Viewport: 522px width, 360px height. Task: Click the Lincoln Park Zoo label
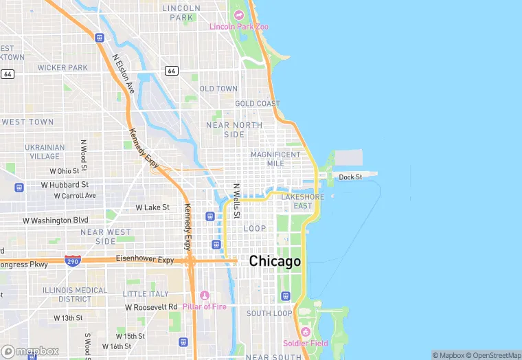click(x=238, y=27)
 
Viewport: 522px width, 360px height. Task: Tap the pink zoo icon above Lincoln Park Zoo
click(x=239, y=15)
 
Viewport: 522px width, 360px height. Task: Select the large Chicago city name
click(x=275, y=262)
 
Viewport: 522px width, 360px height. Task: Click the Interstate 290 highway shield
click(x=72, y=260)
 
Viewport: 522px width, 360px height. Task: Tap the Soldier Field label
click(x=305, y=344)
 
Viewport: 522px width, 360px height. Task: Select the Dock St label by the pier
click(x=350, y=177)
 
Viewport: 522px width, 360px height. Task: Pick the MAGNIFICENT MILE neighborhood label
click(x=275, y=159)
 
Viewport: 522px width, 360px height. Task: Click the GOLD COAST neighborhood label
click(x=258, y=104)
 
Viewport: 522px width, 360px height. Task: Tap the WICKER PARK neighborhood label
click(x=63, y=68)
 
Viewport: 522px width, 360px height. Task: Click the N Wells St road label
click(x=236, y=201)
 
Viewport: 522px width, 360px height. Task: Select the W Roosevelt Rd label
click(x=151, y=307)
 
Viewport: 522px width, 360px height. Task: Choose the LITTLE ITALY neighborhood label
click(x=145, y=294)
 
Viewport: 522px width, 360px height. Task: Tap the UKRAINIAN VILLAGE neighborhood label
click(x=45, y=152)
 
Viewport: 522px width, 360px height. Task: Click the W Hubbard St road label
click(x=65, y=185)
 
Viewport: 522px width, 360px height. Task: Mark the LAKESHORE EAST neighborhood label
click(x=302, y=201)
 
